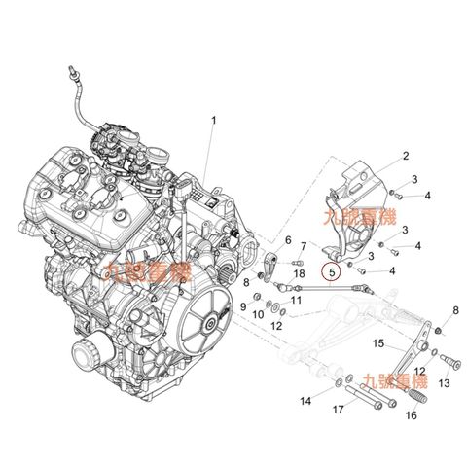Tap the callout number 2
point(406,155)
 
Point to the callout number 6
point(288,238)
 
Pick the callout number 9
point(244,307)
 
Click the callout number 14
point(305,401)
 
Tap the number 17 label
point(338,410)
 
